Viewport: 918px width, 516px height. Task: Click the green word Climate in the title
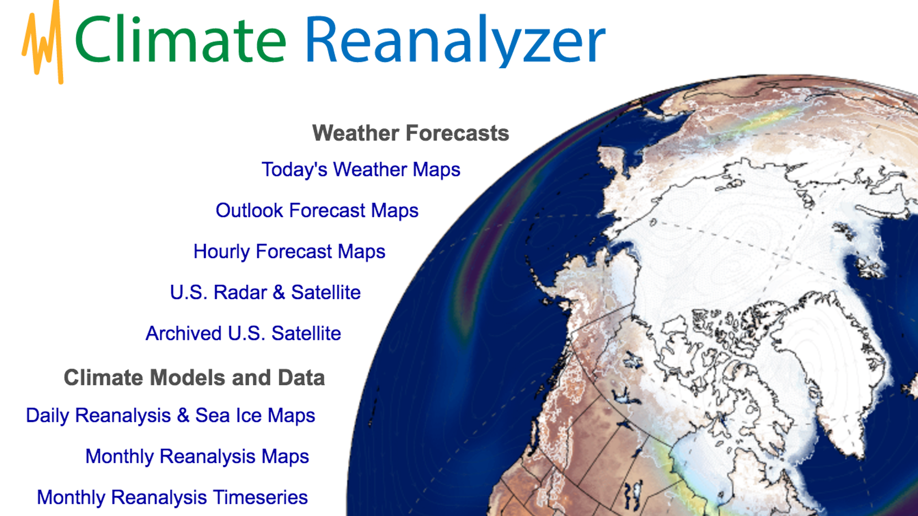pos(180,39)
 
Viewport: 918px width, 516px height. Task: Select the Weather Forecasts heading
pos(411,133)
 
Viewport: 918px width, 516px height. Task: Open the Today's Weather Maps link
pos(361,170)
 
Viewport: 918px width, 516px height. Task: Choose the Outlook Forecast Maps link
pos(317,211)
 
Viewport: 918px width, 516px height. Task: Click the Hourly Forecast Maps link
pos(289,251)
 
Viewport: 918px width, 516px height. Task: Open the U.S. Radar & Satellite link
pos(265,292)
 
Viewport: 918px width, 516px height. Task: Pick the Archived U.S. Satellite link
pos(243,333)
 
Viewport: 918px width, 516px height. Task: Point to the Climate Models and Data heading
pos(194,378)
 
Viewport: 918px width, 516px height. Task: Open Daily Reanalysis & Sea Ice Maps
pos(170,415)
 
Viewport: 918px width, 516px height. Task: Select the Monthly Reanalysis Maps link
pos(197,456)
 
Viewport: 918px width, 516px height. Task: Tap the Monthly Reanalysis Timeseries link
pos(172,497)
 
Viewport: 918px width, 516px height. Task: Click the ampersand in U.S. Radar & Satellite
pos(279,292)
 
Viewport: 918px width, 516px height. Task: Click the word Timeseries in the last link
pos(260,497)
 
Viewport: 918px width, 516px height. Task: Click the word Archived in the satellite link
pos(184,333)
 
